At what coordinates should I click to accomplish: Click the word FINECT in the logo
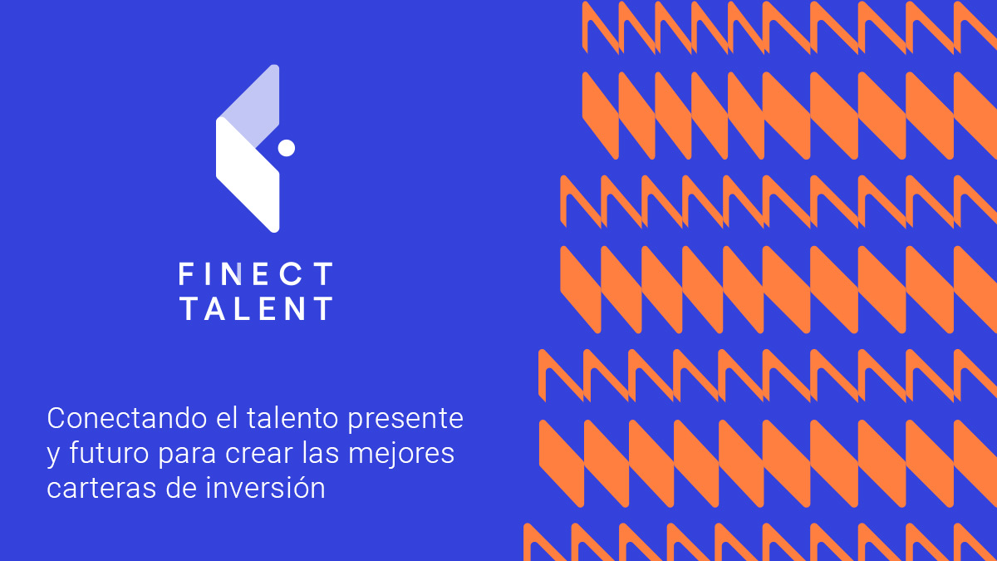(256, 273)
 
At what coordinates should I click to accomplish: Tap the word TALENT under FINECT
(256, 309)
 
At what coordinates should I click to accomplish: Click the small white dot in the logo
(287, 148)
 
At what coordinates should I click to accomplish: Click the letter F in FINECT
(187, 273)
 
